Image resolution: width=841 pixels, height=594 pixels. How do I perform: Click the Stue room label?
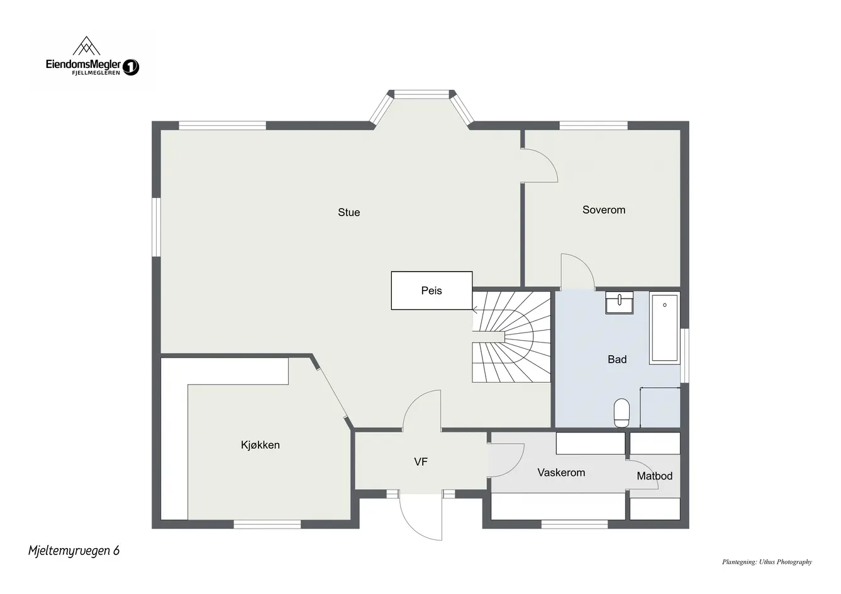click(x=348, y=212)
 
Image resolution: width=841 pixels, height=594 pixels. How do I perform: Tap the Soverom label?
click(x=604, y=210)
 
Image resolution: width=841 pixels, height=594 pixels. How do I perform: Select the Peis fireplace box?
click(x=432, y=290)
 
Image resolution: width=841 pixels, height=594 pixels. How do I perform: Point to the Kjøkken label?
click(x=260, y=445)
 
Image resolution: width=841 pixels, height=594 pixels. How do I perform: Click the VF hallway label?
click(x=421, y=462)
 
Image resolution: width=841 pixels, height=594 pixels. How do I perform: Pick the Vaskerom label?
click(x=561, y=473)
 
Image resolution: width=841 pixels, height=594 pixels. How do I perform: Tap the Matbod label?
click(x=654, y=476)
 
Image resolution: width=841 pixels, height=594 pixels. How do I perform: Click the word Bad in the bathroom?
click(x=617, y=360)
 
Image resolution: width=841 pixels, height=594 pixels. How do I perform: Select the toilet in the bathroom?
click(x=621, y=413)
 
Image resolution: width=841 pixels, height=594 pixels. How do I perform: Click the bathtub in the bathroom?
click(x=664, y=328)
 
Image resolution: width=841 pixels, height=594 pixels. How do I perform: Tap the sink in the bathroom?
click(x=619, y=302)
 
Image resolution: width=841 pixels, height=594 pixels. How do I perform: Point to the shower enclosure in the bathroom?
click(x=660, y=407)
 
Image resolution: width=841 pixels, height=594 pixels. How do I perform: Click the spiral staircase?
click(x=511, y=337)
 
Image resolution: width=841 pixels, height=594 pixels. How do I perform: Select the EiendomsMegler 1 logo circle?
click(x=131, y=67)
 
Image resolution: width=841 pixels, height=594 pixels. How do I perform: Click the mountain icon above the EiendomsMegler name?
click(x=86, y=46)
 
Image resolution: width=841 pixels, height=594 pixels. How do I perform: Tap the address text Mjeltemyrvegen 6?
click(x=74, y=551)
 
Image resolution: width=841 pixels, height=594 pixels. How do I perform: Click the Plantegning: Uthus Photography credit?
click(x=767, y=562)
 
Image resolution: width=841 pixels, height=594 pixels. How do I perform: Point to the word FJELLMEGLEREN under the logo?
click(x=96, y=73)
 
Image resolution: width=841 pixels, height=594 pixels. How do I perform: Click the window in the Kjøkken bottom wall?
click(x=267, y=524)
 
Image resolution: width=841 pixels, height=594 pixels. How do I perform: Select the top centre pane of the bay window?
click(x=421, y=94)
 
